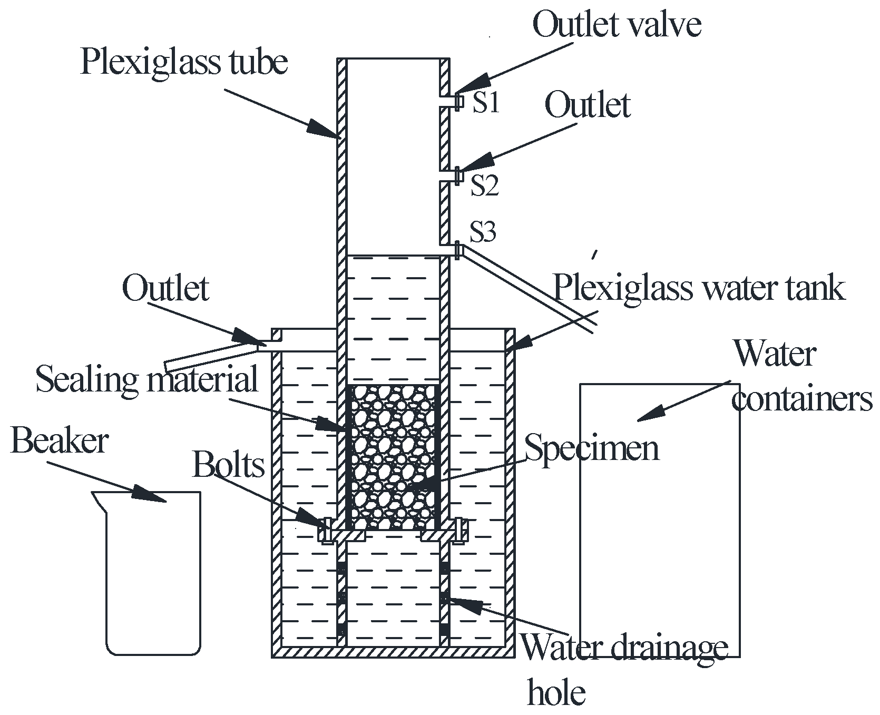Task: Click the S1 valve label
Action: coord(485,103)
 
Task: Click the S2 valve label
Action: coord(484,186)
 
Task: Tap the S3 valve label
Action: coord(483,232)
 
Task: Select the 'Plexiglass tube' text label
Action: coord(184,62)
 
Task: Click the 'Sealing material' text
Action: coord(147,379)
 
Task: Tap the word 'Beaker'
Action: coord(60,442)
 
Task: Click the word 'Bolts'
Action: coord(228,465)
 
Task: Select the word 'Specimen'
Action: coord(591,449)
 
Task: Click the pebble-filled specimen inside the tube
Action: coord(393,456)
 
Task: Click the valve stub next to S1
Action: coord(459,101)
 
